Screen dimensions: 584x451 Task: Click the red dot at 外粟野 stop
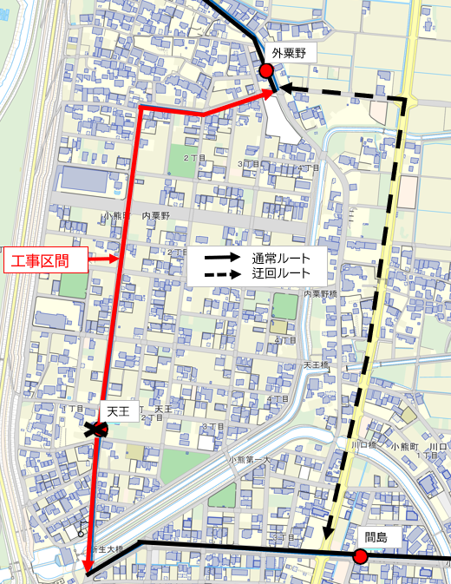point(266,70)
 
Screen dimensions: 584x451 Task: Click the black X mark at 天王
point(95,428)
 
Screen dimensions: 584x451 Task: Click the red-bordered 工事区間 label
point(48,259)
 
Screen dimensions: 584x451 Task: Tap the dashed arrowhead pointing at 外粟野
point(284,88)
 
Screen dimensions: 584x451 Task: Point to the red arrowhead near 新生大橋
point(88,568)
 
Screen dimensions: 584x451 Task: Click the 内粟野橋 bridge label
point(319,295)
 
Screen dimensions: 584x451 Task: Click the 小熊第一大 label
point(250,459)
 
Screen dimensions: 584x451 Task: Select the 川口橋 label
point(363,444)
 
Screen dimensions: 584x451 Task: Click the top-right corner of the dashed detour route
point(404,101)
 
